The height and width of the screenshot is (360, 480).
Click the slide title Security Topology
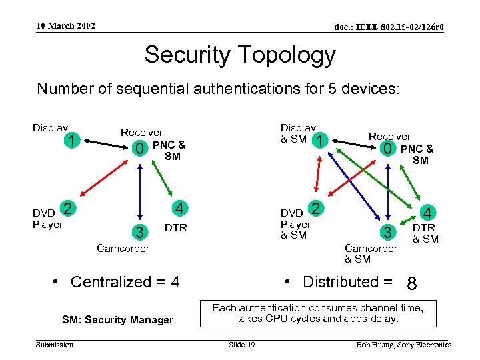coord(240,55)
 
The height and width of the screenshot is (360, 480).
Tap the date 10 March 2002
coord(65,26)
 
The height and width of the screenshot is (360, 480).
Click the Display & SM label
coord(297,133)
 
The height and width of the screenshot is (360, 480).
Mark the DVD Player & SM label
coord(295,224)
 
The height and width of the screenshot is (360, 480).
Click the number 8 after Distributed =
coord(412,285)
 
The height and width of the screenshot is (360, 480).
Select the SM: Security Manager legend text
coord(117,320)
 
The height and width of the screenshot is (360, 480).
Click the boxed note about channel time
coord(317,313)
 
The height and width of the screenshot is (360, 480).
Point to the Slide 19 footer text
coord(241,345)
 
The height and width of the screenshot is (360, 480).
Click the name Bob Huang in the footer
coord(375,345)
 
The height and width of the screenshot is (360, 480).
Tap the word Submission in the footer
coord(55,345)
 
